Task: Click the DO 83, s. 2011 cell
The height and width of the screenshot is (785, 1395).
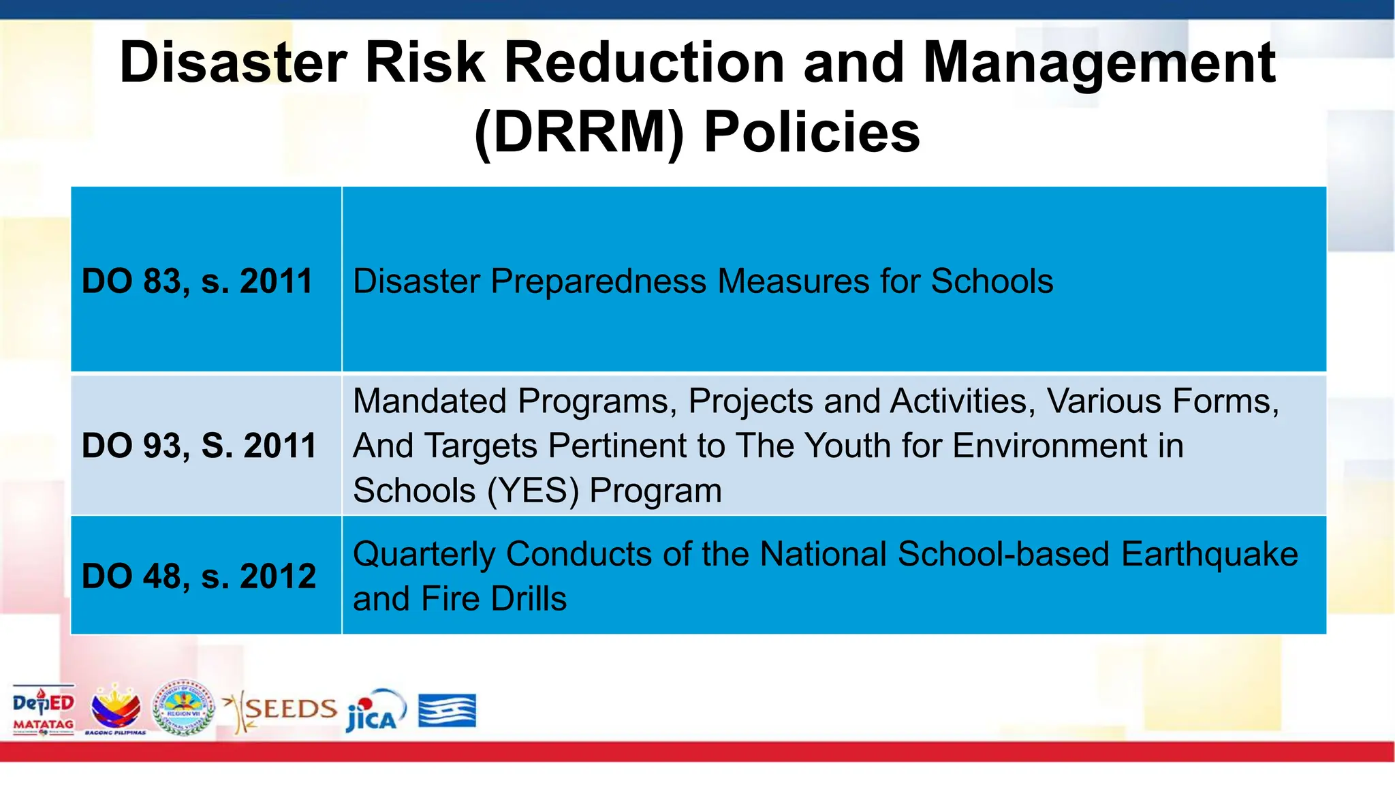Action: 198,281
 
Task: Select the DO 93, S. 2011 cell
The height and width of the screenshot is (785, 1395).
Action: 199,446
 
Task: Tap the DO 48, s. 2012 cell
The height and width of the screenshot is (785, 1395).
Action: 199,576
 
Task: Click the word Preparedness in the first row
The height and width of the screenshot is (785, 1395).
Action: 598,281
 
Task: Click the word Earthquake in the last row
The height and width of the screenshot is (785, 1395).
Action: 1209,553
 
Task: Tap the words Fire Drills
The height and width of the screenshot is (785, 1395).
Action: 494,598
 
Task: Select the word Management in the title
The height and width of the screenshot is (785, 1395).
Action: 1099,63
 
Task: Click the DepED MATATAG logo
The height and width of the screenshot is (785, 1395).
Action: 44,710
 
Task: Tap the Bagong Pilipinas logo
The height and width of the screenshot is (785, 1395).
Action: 116,710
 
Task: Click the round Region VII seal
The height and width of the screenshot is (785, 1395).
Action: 183,707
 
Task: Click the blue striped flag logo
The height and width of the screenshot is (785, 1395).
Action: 447,710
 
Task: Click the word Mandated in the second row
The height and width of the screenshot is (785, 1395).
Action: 433,401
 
